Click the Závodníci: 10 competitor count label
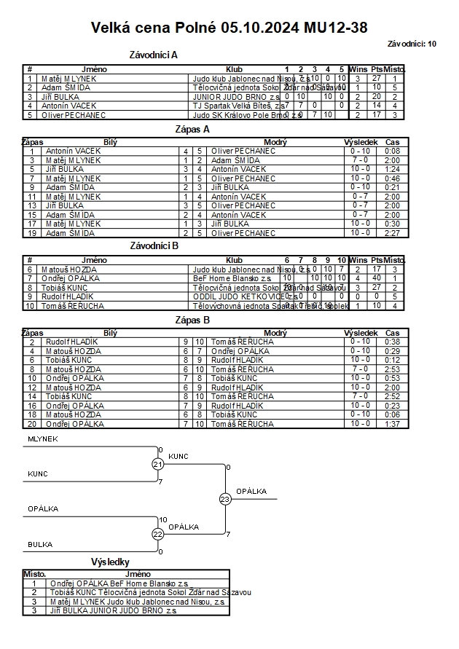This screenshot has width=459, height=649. [x=412, y=44]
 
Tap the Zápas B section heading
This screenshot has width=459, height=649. [x=193, y=320]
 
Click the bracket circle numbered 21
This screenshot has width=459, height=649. [x=158, y=465]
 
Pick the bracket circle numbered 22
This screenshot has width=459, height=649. [x=158, y=534]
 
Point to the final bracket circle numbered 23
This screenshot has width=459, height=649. [x=225, y=499]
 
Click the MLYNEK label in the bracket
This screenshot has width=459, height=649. [x=43, y=439]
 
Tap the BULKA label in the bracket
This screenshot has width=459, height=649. [x=40, y=544]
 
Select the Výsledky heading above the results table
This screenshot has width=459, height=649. [x=110, y=562]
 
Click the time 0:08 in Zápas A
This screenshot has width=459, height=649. [x=392, y=151]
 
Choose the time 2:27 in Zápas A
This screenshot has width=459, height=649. [x=392, y=233]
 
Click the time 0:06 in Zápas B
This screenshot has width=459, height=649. [x=392, y=414]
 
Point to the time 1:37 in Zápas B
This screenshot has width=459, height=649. [x=392, y=423]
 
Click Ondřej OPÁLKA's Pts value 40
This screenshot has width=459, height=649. [x=377, y=278]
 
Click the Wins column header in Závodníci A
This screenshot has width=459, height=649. [x=358, y=69]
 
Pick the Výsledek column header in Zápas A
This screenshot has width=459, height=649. [x=360, y=142]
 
